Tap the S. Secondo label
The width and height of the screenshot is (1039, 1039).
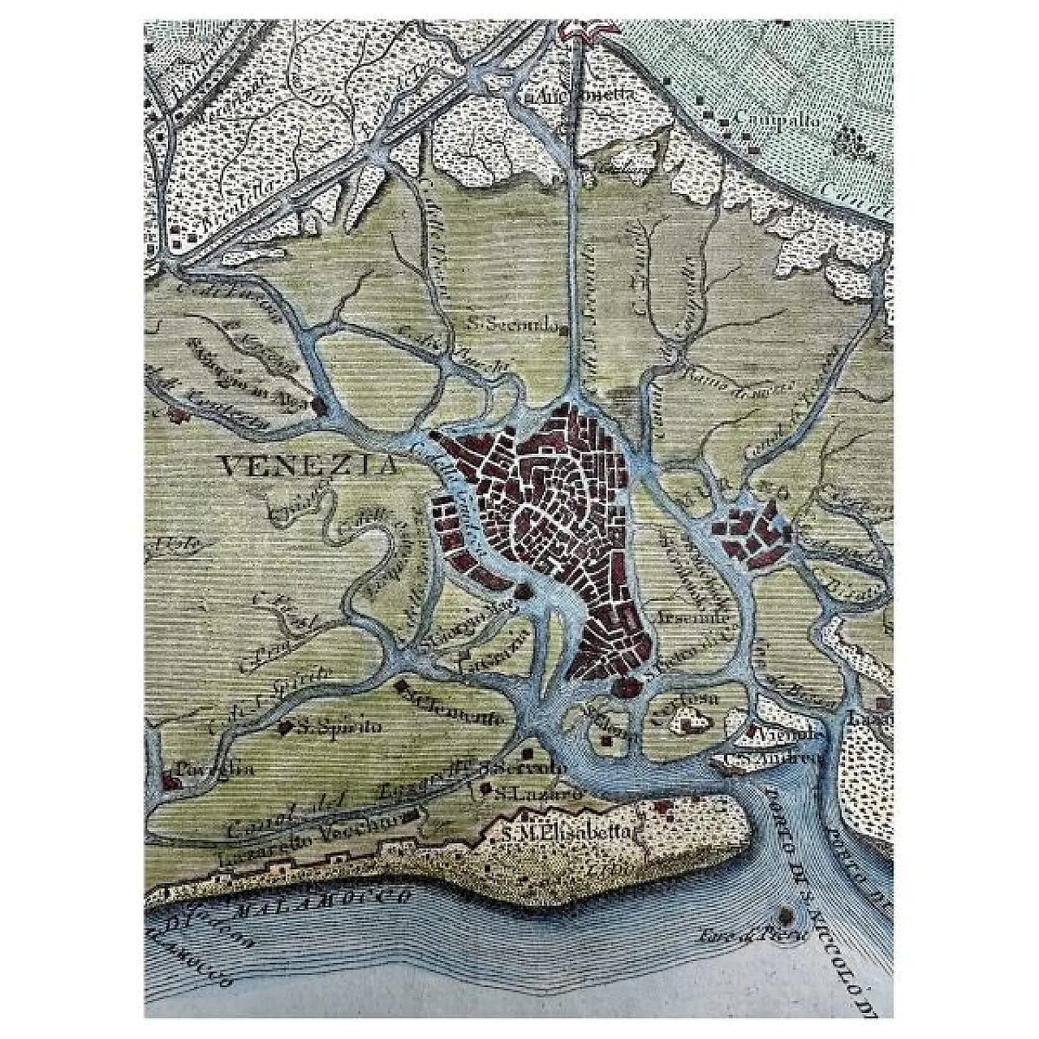point(513,325)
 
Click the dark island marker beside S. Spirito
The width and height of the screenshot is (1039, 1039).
point(285,728)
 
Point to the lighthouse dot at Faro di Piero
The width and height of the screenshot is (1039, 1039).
point(785,912)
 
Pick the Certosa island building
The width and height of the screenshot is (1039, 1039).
point(689,719)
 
